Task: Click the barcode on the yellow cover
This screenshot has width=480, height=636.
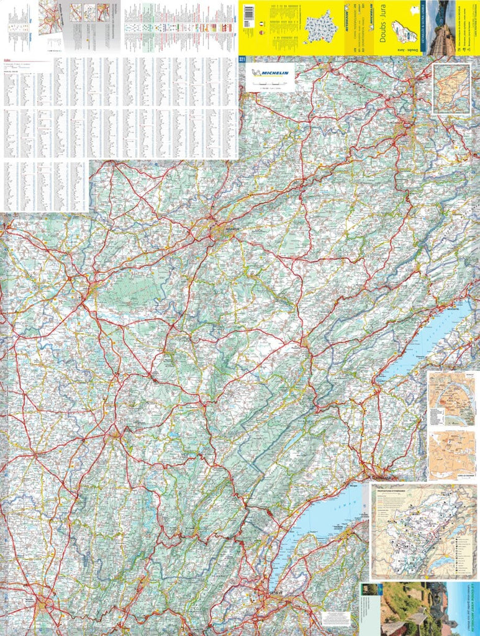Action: (x=249, y=13)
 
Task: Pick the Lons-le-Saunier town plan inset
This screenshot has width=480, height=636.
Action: (x=451, y=455)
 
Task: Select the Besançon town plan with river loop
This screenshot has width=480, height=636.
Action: (x=451, y=398)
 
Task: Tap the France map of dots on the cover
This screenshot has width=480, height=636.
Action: (x=320, y=27)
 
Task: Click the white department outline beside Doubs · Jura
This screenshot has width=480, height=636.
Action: (x=405, y=30)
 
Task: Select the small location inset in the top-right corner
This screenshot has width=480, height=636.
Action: (x=451, y=89)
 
